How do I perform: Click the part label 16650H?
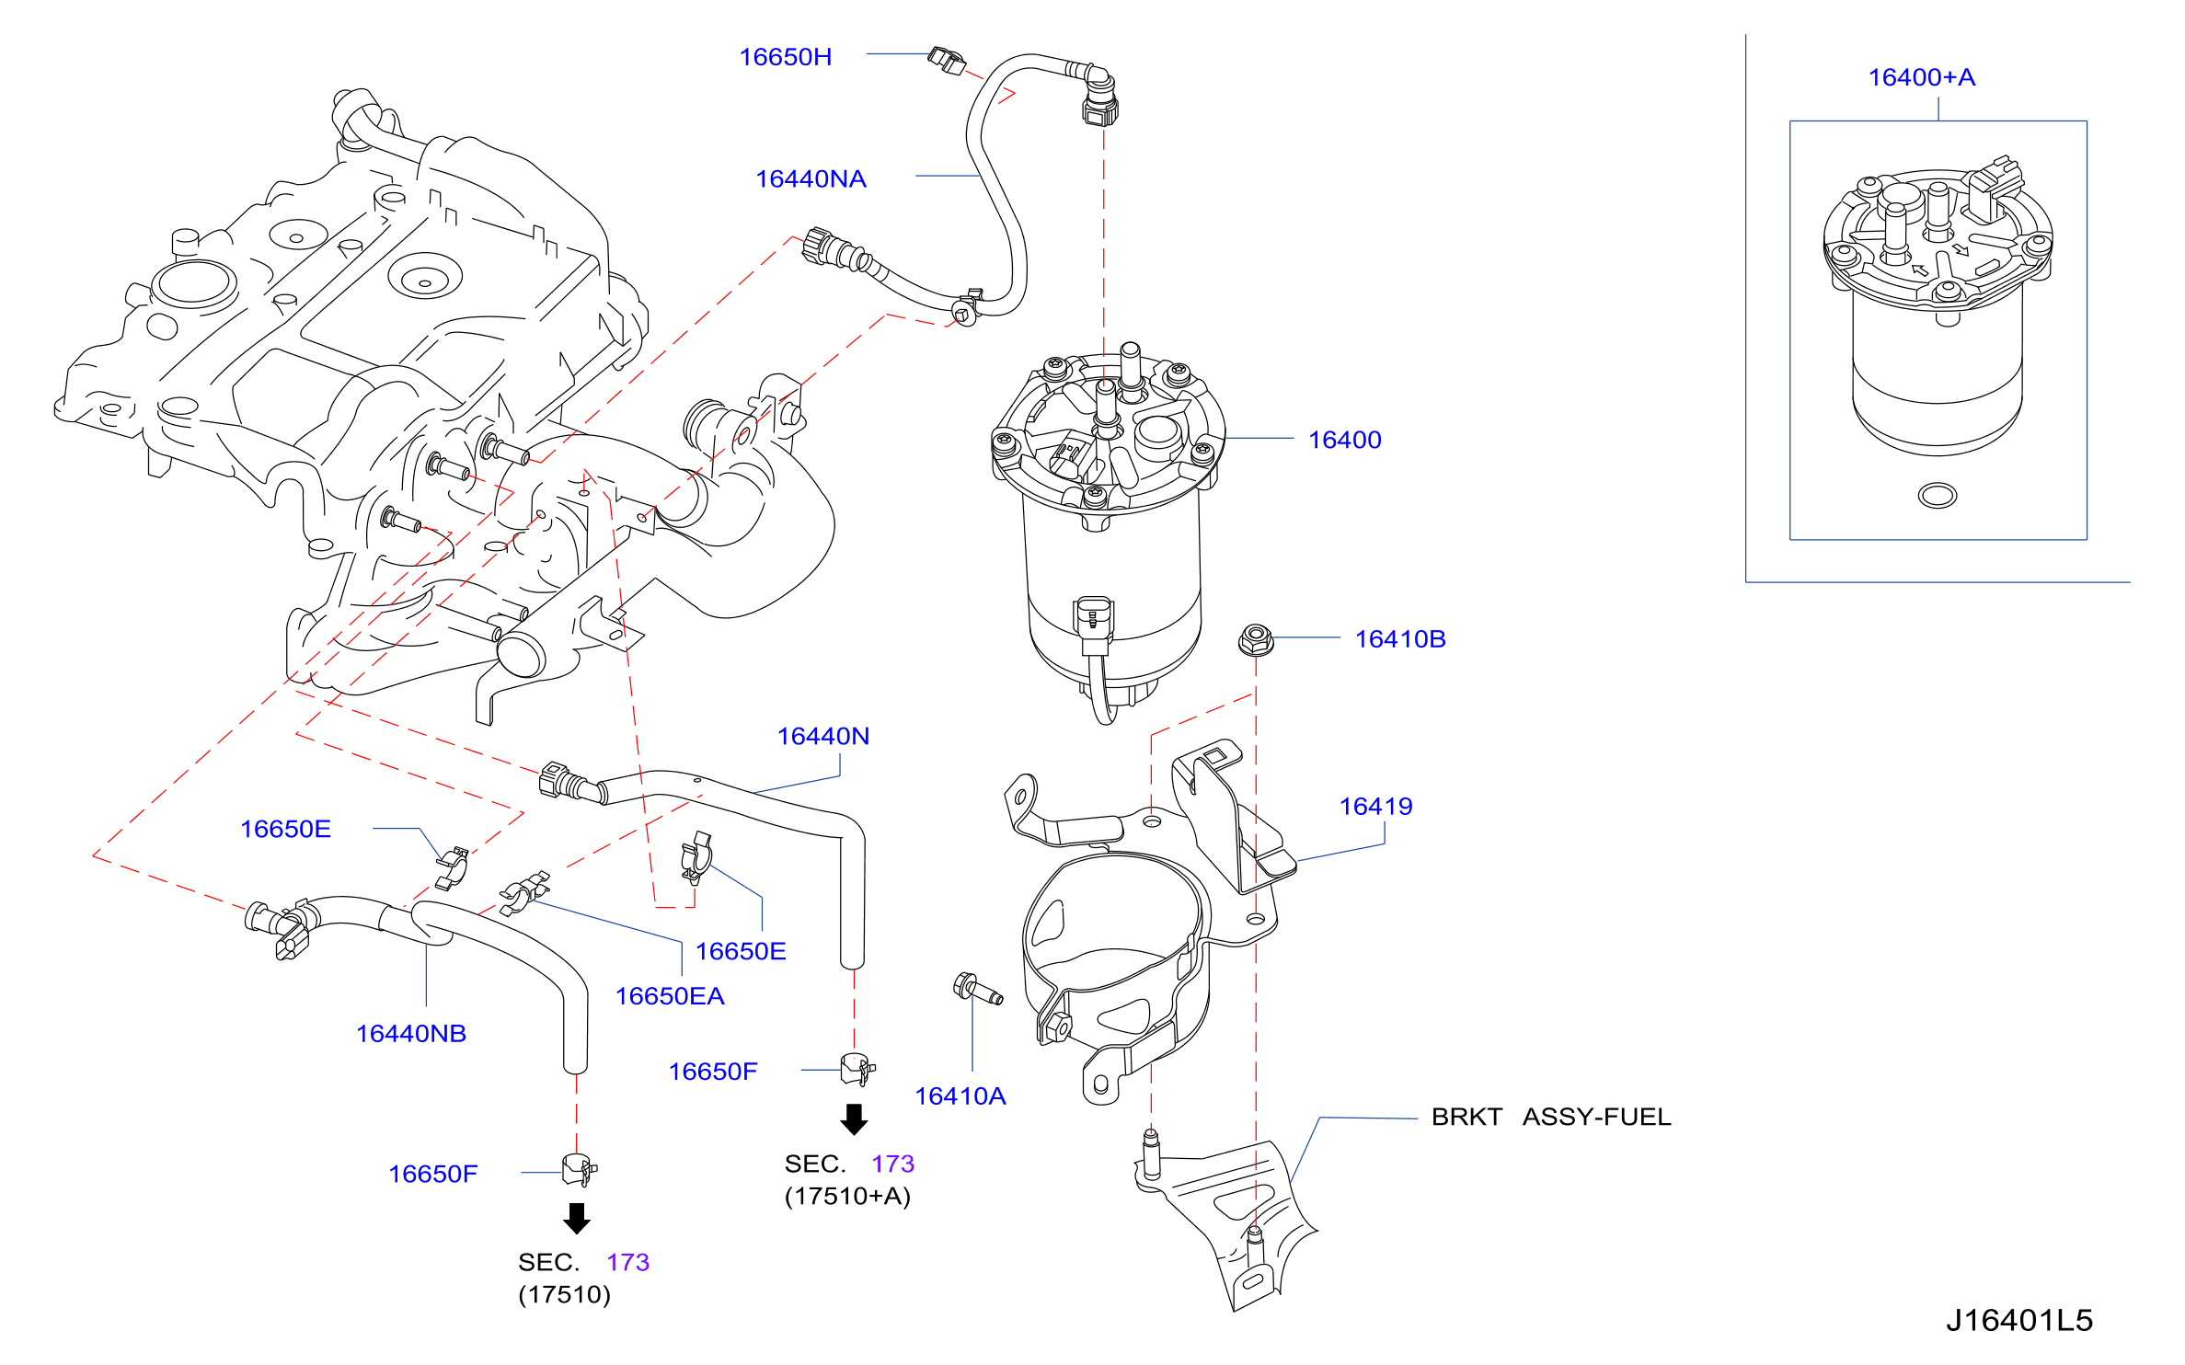785,57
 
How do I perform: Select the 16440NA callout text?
811,179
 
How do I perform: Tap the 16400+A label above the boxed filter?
1921,77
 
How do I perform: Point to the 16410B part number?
1400,639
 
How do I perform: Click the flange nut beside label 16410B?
1256,639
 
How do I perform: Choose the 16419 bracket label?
1375,807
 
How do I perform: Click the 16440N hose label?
822,737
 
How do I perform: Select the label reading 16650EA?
670,996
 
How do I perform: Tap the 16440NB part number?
411,1034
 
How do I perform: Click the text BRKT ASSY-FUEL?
1551,1117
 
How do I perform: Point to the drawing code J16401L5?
2019,1321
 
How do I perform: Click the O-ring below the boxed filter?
1938,496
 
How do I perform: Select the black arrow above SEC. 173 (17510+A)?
855,1119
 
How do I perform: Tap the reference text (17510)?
564,1295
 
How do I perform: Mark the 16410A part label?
960,1096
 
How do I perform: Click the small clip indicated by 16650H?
946,61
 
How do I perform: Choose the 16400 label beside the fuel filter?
1344,441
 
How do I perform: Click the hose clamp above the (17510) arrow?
579,1170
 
